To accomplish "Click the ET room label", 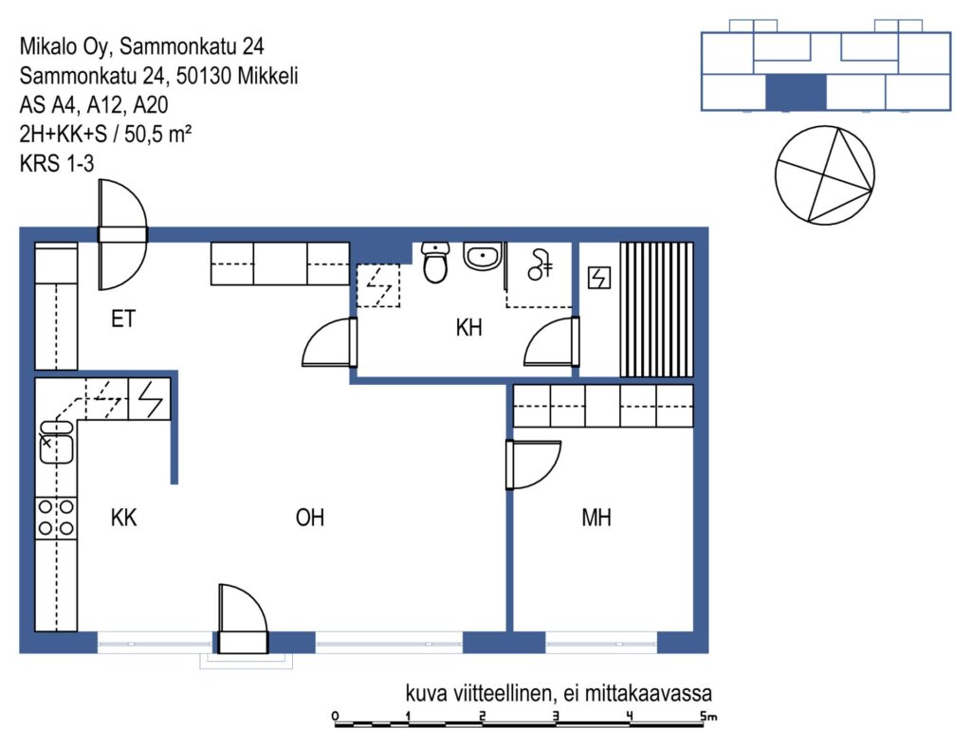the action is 123,319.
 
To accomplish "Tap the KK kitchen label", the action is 123,518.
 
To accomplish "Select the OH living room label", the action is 310,518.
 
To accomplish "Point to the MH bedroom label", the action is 596,518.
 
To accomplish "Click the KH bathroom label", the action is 468,327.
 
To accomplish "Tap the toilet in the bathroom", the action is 435,263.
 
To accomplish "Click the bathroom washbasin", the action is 483,256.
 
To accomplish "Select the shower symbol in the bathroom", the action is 540,264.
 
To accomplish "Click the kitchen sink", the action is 56,442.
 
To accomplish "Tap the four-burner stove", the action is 56,518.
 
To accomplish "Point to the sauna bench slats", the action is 656,309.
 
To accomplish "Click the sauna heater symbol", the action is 599,278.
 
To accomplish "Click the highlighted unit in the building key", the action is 796,92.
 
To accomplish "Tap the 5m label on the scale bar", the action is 708,716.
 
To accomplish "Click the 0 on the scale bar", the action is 335,716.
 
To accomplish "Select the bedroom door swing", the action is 533,465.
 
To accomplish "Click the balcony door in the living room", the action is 243,619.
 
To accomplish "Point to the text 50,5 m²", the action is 158,134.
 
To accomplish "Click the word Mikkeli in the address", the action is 267,76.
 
